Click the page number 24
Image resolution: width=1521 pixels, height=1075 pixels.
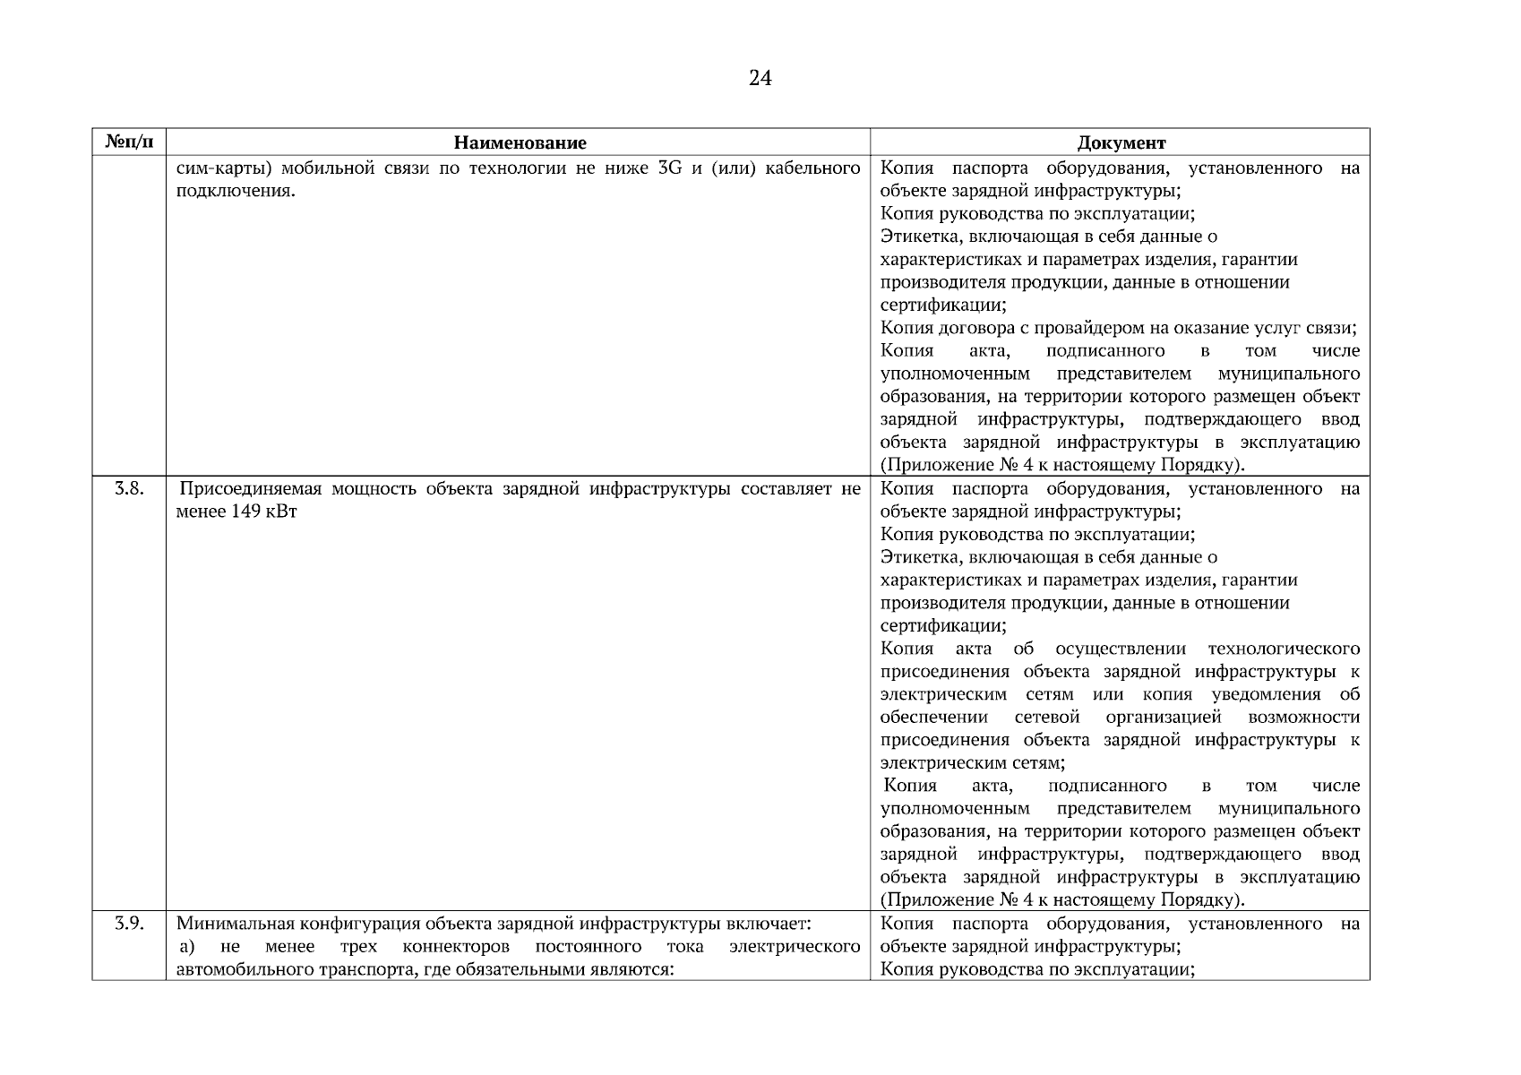click(x=760, y=79)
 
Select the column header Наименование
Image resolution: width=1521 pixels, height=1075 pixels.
click(x=520, y=142)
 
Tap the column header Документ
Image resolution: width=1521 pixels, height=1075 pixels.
click(x=1121, y=142)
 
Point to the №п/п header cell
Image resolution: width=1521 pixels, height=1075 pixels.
click(x=129, y=142)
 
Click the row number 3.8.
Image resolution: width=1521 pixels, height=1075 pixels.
click(x=129, y=489)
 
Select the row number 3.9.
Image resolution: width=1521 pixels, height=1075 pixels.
click(x=129, y=924)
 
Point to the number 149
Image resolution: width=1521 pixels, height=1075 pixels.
click(x=245, y=512)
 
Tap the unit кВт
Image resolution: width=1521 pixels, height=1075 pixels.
click(x=280, y=512)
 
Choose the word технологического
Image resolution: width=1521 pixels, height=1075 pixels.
click(x=1284, y=649)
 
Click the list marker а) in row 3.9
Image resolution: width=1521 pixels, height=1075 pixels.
click(x=187, y=947)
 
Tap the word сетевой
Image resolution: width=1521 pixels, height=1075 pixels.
click(x=1047, y=718)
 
